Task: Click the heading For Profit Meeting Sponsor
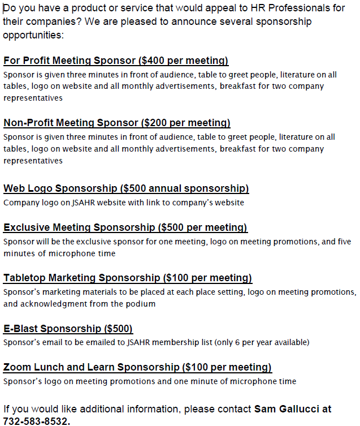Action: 116,61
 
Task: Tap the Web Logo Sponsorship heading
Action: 126,188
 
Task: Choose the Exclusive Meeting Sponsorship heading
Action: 125,227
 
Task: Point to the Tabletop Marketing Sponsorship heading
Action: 128,278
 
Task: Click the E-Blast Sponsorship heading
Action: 68,329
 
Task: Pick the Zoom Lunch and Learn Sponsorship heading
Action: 137,368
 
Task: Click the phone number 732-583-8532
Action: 36,421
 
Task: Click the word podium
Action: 142,304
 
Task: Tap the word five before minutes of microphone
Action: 344,242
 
